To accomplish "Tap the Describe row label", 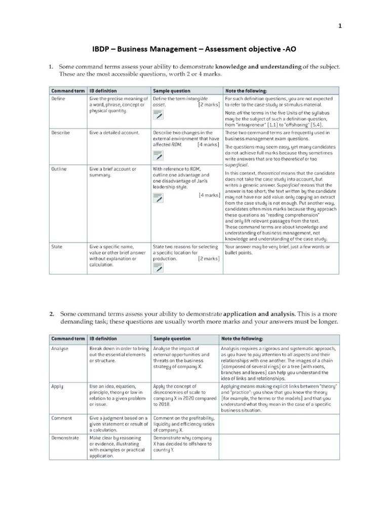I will click(x=61, y=133).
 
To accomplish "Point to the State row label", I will click(x=57, y=247).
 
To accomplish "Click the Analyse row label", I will click(x=61, y=349).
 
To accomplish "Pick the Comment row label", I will click(x=62, y=418).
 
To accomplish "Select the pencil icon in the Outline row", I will click(x=158, y=198).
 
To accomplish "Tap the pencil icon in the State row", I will click(x=158, y=268).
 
